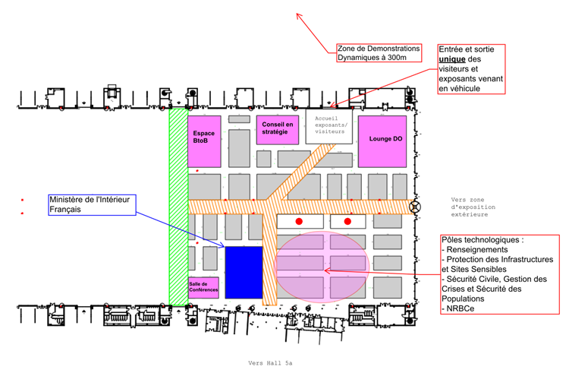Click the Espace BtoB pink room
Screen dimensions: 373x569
[204, 141]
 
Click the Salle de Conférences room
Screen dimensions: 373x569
[203, 287]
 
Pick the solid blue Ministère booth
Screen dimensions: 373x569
[244, 271]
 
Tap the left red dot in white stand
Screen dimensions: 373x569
[300, 221]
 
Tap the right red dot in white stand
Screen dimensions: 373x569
[347, 221]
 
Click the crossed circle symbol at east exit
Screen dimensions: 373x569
[414, 206]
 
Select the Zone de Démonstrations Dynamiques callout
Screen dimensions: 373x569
[376, 52]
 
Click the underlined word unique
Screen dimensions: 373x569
[452, 59]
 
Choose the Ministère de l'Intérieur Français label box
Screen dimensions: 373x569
[92, 204]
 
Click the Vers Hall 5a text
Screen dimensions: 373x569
[269, 363]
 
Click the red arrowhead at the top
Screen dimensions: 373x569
[298, 15]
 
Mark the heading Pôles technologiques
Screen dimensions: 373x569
[483, 240]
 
